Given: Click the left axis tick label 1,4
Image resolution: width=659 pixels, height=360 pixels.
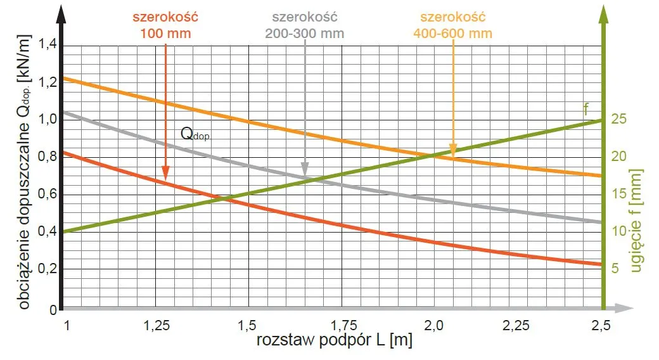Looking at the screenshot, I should click(48, 45).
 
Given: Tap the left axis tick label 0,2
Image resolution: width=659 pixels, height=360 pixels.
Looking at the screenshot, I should click(48, 270).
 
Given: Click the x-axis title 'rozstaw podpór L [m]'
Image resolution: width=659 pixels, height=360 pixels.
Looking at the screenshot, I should click(335, 341).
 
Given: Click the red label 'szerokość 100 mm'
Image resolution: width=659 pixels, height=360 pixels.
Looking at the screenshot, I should click(165, 25).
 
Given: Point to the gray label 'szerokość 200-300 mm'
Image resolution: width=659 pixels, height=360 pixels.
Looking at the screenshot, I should click(306, 25).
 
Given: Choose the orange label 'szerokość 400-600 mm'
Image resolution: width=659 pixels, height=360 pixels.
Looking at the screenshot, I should click(452, 25).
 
